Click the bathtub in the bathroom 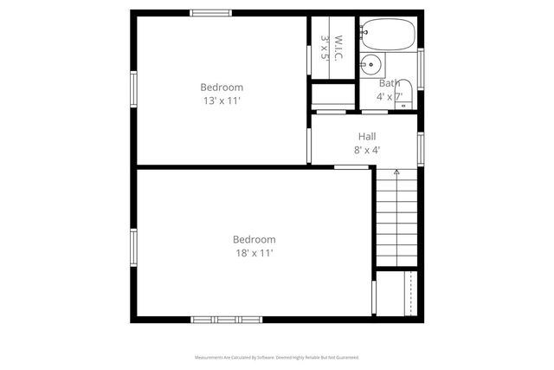[x=388, y=34]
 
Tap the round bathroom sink [x=370, y=63]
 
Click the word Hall [x=367, y=136]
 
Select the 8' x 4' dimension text [x=367, y=150]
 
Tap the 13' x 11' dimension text [x=222, y=101]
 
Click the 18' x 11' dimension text [x=254, y=253]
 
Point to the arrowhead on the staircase [x=396, y=172]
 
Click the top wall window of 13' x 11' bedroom [x=210, y=13]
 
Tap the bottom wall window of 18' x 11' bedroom [x=227, y=320]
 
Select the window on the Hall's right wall [x=421, y=147]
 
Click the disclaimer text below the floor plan [x=277, y=357]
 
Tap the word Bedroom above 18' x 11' [x=254, y=239]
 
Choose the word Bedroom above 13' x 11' [x=222, y=87]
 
